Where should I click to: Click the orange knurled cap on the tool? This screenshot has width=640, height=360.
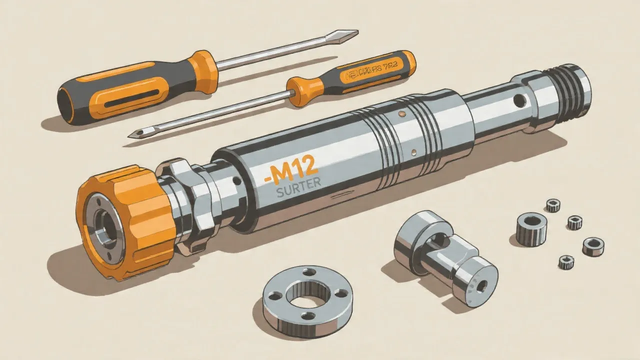125,220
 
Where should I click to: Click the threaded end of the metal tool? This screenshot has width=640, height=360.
570,90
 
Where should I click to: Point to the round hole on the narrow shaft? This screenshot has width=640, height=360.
519,101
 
